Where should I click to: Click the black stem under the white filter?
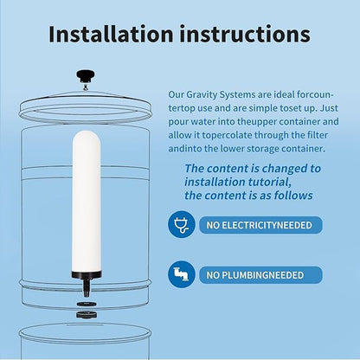(x=87, y=279)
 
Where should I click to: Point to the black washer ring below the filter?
(x=87, y=304)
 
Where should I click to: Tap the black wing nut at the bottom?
(x=87, y=314)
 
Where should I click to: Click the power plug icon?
(x=182, y=225)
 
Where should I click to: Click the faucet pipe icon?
(x=182, y=274)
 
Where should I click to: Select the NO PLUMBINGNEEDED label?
(x=254, y=275)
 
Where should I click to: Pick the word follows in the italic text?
(x=299, y=196)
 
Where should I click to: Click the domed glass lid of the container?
(x=87, y=89)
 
